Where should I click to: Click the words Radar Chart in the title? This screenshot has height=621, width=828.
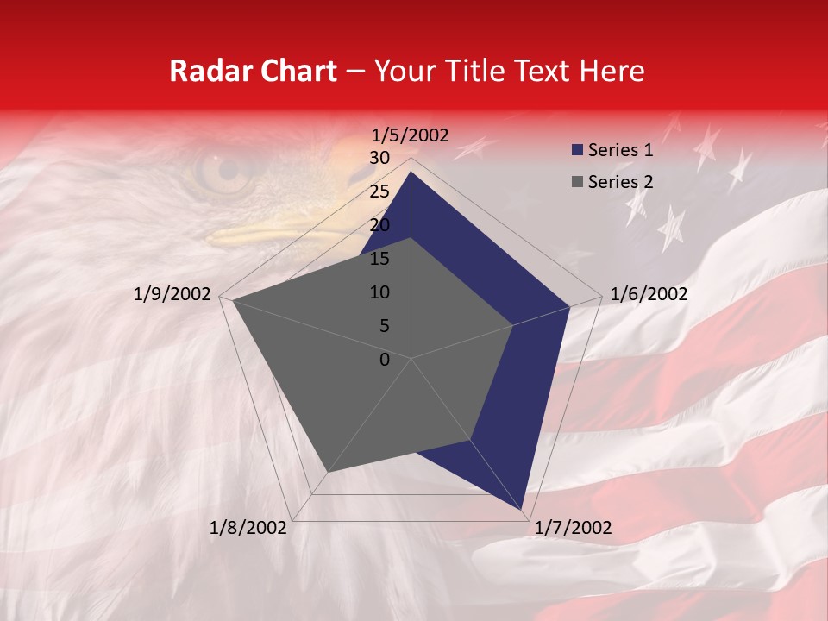click(x=253, y=71)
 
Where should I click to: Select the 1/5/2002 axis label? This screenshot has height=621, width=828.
click(x=411, y=135)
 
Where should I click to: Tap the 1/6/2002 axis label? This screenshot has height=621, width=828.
click(x=649, y=294)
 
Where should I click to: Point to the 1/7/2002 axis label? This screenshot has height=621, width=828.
click(x=573, y=528)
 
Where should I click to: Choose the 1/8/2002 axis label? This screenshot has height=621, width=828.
click(x=248, y=528)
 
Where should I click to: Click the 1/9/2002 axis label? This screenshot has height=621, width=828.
click(x=172, y=294)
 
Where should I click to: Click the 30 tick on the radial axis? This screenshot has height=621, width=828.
click(x=379, y=158)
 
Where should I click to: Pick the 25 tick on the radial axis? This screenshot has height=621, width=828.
click(x=379, y=191)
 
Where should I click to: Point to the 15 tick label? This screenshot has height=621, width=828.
click(x=379, y=259)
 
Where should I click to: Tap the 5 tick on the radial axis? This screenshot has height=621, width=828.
click(x=384, y=326)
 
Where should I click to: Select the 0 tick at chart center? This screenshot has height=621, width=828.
click(x=385, y=360)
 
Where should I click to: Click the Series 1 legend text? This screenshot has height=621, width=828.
click(x=620, y=150)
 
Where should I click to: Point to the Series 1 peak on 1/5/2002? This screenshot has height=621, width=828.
click(x=411, y=172)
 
